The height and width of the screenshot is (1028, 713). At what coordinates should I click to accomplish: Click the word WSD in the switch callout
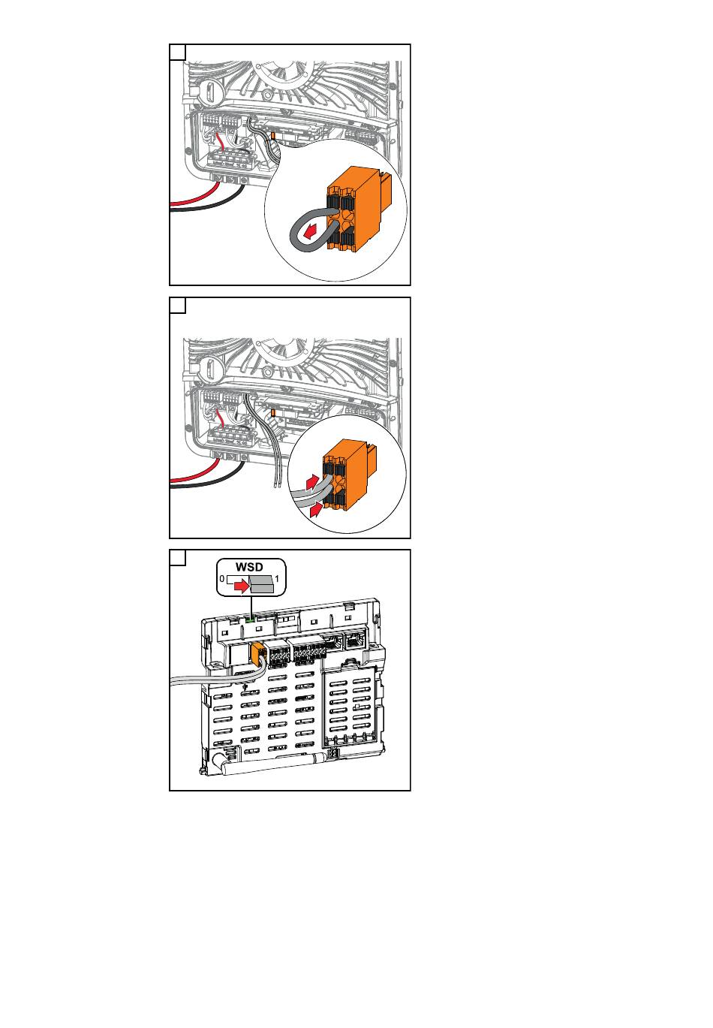[x=249, y=567]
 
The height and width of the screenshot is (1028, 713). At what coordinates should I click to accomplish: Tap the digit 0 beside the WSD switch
[x=222, y=579]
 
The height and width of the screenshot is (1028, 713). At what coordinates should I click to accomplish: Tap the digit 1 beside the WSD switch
[x=277, y=579]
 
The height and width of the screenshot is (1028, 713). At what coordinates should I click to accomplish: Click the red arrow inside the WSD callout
[x=240, y=586]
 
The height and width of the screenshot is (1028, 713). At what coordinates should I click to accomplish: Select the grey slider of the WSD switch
[x=261, y=584]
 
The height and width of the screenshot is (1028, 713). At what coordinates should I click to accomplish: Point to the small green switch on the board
[x=250, y=620]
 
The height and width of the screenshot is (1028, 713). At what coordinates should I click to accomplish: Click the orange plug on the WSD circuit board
[x=258, y=653]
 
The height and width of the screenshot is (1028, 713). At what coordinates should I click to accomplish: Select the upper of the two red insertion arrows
[x=311, y=482]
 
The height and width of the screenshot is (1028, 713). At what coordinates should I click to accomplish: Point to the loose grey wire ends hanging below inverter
[x=277, y=483]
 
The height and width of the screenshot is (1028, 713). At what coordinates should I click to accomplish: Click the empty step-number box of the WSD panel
[x=178, y=558]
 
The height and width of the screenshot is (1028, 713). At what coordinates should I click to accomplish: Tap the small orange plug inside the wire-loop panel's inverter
[x=272, y=136]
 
